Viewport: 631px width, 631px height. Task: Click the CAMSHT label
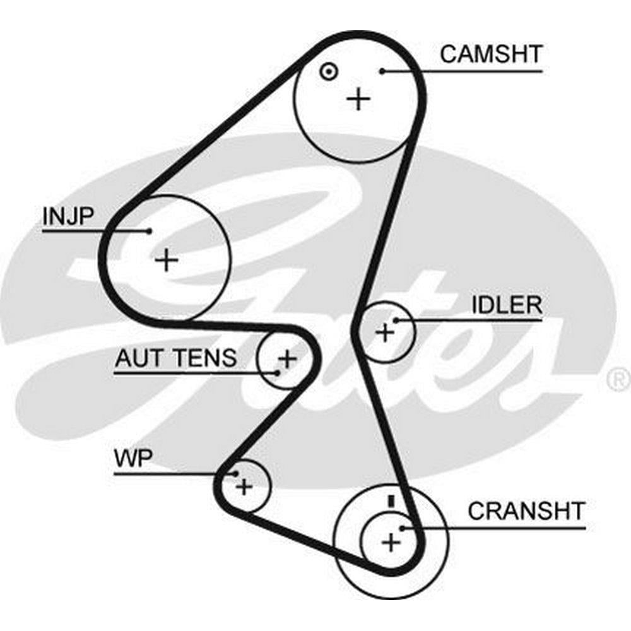click(x=491, y=54)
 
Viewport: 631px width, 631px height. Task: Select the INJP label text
click(x=68, y=216)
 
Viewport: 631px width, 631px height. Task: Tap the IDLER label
click(x=507, y=305)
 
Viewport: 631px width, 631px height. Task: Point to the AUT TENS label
click(x=175, y=358)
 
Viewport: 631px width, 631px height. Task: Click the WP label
click(x=133, y=458)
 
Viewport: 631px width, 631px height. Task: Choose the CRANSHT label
click(x=526, y=510)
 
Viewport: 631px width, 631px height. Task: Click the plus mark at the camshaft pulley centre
click(x=359, y=98)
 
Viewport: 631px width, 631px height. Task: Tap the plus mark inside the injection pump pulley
click(x=167, y=259)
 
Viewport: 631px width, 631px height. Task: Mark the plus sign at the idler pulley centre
click(x=384, y=332)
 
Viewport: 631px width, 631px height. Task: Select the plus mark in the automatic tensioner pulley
click(x=287, y=360)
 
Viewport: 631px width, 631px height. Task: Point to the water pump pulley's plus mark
click(x=244, y=487)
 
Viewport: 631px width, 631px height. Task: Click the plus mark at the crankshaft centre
click(x=391, y=541)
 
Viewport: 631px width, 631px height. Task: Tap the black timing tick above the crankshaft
click(x=391, y=501)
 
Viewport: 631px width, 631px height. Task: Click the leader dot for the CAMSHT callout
click(x=382, y=71)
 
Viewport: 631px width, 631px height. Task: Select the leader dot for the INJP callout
click(x=149, y=231)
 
